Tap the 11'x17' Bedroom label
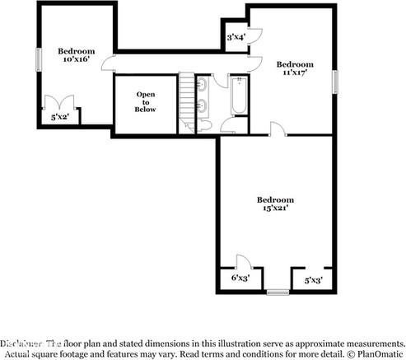(295, 69)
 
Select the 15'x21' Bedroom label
(274, 204)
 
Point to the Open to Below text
(145, 102)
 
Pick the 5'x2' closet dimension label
(59, 118)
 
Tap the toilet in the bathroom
(204, 124)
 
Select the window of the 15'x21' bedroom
(278, 291)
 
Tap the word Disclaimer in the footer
(22, 342)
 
